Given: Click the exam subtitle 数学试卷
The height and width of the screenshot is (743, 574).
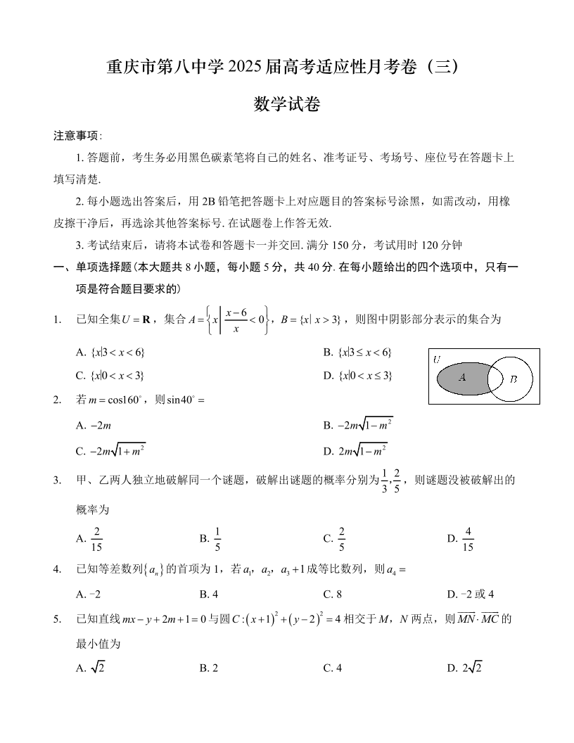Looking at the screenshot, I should [x=286, y=105].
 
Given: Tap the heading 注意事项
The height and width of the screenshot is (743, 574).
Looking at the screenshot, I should [x=77, y=136].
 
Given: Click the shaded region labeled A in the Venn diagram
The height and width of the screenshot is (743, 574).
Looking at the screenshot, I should [x=461, y=378].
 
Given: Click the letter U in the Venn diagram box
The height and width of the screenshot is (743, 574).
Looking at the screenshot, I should [x=437, y=359].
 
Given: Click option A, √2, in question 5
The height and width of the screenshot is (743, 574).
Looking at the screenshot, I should [x=91, y=668].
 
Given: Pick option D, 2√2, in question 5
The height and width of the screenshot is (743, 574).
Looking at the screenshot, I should [x=465, y=668].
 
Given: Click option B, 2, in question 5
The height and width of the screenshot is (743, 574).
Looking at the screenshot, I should [x=209, y=668].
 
